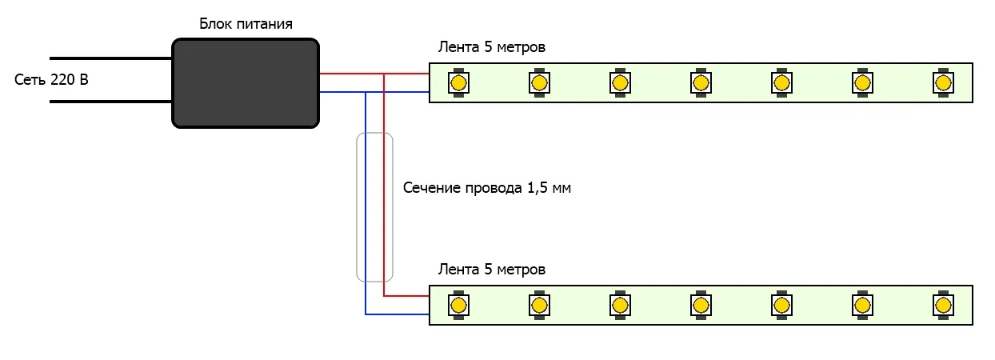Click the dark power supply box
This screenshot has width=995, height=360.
tap(246, 82)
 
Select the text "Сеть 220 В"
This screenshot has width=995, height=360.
tap(51, 80)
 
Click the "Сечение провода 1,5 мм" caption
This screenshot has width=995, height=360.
tap(487, 189)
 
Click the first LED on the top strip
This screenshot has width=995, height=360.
tap(459, 82)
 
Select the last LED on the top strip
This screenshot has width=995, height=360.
tap(944, 82)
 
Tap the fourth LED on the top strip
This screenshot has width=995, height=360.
tap(701, 82)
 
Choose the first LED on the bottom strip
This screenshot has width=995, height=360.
tap(459, 305)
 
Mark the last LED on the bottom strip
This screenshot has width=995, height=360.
tap(944, 305)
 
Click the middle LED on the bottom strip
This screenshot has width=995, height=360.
tap(701, 305)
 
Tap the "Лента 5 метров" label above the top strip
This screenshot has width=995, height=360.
tap(491, 47)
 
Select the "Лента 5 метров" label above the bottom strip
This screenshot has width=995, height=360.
tap(491, 270)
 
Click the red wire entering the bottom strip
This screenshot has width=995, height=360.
tap(408, 295)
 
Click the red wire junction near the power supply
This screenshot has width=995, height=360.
tap(385, 74)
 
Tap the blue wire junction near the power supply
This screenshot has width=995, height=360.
tap(366, 93)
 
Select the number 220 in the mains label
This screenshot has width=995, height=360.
tap(62, 80)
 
